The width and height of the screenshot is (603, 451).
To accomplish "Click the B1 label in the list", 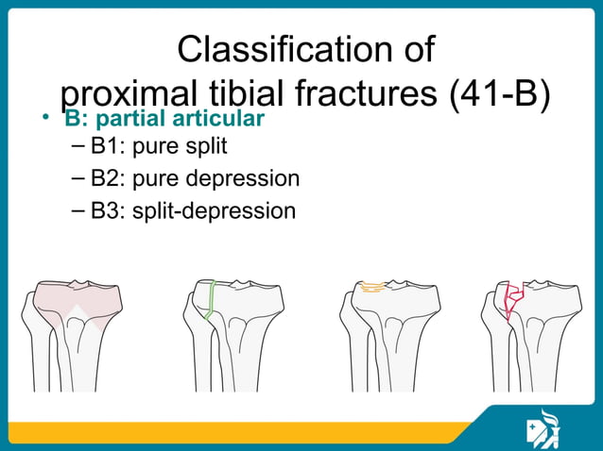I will (107, 147).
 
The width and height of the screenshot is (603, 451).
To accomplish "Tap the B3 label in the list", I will (107, 209).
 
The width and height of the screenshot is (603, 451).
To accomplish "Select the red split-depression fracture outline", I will (512, 299).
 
